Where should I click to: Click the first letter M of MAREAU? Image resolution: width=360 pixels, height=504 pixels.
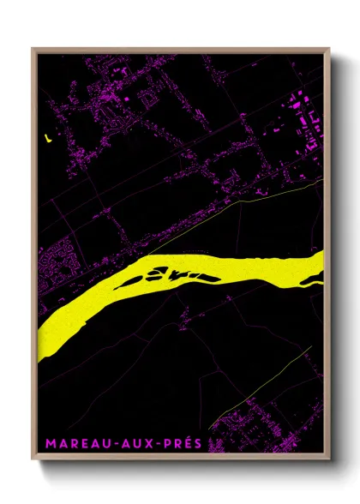tap(50, 444)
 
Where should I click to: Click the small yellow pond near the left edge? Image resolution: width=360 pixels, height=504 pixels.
tap(48, 135)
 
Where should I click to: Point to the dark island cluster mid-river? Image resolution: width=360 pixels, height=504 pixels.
tap(176, 273)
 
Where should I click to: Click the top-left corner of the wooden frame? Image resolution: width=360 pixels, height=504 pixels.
tap(33, 49)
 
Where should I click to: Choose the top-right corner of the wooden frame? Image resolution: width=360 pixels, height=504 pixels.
tap(329, 49)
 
